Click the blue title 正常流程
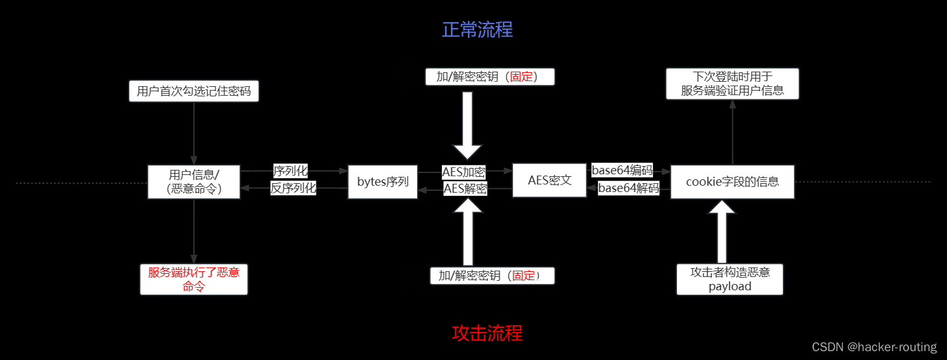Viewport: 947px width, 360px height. coord(477,30)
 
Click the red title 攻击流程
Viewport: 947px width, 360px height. coord(487,333)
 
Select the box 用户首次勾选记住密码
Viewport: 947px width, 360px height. coord(193,91)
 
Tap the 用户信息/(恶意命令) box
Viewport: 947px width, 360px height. coord(194,182)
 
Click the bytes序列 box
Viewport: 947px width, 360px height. coord(383,182)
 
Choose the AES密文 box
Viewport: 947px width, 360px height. coord(549,181)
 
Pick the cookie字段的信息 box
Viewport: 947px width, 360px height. coord(732,182)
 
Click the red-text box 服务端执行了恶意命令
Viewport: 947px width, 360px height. coord(194,280)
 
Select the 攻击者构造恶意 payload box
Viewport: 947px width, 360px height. coord(730,280)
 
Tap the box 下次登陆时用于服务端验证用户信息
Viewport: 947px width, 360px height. coord(732,84)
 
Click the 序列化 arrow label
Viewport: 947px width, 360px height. coord(290,170)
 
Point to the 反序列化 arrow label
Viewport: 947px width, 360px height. coord(293,188)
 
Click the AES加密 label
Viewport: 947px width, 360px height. coord(464,172)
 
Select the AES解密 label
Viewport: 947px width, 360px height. coord(465,188)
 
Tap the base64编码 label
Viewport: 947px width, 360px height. coord(622,170)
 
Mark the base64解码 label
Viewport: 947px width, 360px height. coord(628,188)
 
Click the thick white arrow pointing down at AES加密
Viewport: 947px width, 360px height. coord(467,125)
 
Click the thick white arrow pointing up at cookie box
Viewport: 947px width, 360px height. coord(722,231)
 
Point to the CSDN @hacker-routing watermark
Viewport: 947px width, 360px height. coord(874,347)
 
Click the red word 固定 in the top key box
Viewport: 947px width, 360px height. coord(521,77)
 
